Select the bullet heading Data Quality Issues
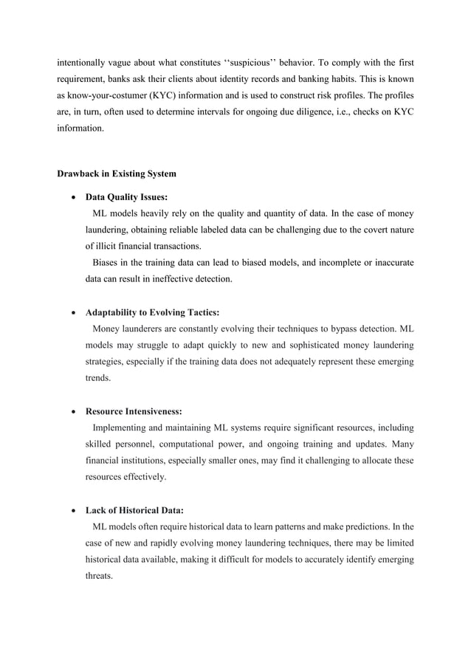[126, 198]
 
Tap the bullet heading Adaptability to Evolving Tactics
[152, 313]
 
